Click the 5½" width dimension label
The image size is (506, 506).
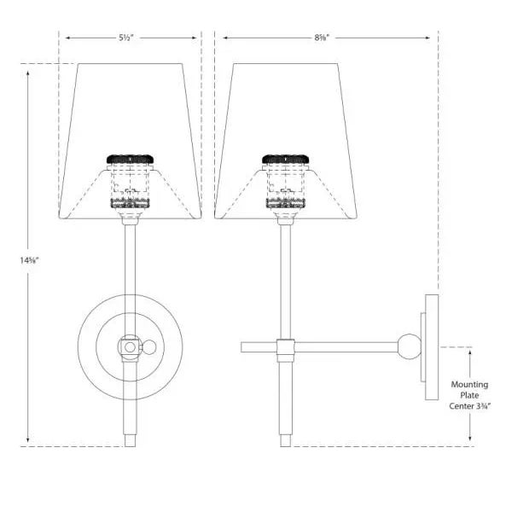click(x=125, y=38)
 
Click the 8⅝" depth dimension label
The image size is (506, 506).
click(x=322, y=38)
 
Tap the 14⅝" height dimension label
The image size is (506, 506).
click(x=30, y=260)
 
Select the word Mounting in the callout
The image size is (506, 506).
click(x=469, y=385)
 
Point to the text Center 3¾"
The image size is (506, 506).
click(x=470, y=406)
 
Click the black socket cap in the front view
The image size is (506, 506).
click(x=130, y=160)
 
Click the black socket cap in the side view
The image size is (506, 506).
click(x=286, y=160)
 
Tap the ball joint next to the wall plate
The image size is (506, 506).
click(x=410, y=346)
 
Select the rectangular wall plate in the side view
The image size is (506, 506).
click(x=432, y=347)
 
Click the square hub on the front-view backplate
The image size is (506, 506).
click(x=130, y=347)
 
